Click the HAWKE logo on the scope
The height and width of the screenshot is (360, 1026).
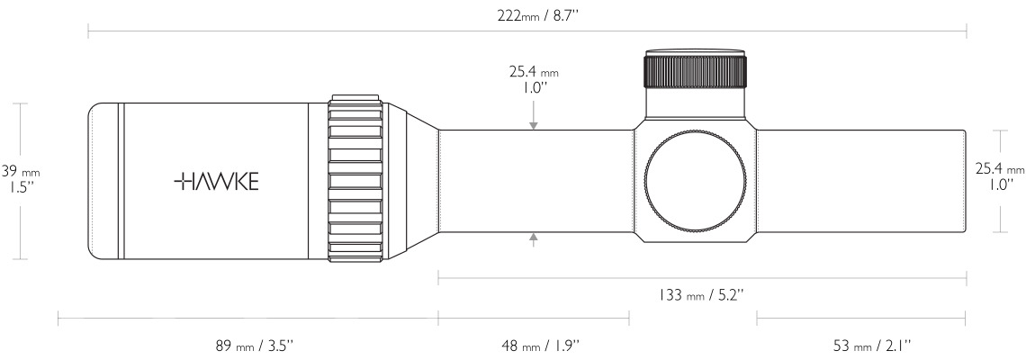(216, 182)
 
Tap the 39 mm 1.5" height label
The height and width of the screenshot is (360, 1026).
(19, 178)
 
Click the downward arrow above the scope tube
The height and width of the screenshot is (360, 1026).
(535, 124)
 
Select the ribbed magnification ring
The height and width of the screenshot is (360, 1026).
(356, 180)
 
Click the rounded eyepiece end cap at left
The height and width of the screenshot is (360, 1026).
(103, 181)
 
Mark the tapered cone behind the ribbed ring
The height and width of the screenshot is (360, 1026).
(410, 180)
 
